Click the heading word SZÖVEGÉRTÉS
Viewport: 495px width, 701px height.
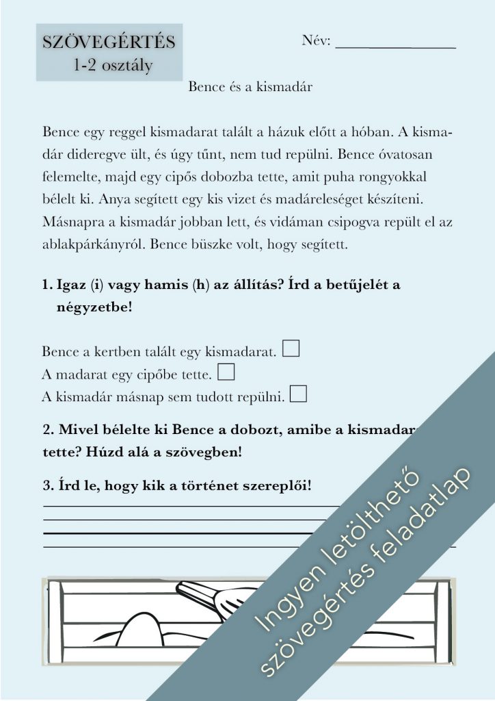point(109,42)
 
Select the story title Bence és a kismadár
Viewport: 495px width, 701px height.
point(250,87)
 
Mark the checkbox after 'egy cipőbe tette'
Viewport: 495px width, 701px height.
point(226,372)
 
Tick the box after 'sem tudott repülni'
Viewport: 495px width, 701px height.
point(298,394)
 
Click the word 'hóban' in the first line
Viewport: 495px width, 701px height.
point(367,131)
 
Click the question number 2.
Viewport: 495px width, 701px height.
point(47,431)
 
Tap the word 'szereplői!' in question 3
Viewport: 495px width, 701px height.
point(276,486)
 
